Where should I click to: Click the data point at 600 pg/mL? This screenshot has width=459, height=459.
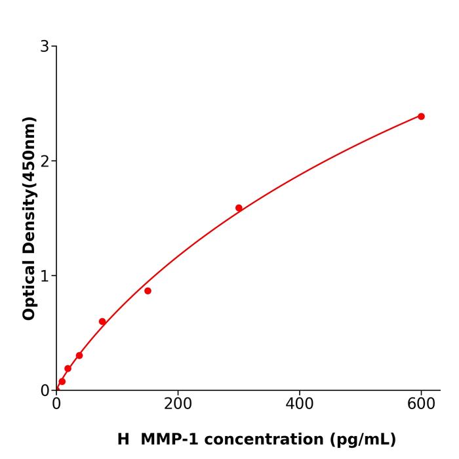[x=421, y=116]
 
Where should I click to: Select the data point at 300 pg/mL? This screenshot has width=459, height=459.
[x=239, y=208]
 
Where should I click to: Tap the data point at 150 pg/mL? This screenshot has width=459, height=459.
[x=148, y=290]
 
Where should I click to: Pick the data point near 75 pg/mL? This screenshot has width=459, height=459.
[x=102, y=321]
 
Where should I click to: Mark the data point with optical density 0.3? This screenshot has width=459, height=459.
[x=79, y=355]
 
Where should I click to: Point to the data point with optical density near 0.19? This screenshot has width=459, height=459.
[x=68, y=369]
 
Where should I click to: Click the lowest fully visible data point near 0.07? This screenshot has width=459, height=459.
[x=62, y=381]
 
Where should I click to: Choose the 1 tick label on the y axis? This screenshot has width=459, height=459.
[x=45, y=276]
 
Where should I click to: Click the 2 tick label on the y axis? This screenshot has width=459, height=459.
[x=45, y=161]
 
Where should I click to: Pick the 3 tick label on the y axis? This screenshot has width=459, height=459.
[x=45, y=47]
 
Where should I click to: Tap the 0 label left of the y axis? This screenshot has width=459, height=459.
[x=45, y=391]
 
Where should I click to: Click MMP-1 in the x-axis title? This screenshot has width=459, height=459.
[x=172, y=439]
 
